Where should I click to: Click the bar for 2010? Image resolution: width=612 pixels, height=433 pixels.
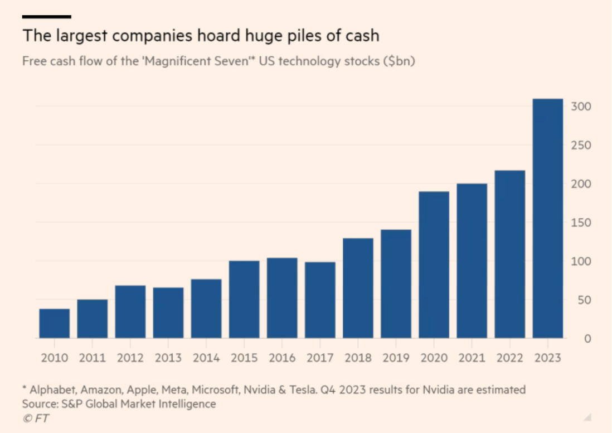(55, 324)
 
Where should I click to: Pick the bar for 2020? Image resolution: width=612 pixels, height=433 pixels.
(434, 265)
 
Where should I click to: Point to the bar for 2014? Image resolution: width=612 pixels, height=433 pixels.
(206, 309)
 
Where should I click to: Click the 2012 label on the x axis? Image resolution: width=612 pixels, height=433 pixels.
(130, 358)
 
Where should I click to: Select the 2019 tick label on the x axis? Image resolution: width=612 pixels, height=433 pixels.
(396, 358)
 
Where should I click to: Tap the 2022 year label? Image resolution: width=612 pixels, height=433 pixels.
(509, 358)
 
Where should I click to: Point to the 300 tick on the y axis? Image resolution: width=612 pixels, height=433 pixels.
(581, 107)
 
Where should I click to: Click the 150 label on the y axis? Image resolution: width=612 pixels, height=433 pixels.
(581, 223)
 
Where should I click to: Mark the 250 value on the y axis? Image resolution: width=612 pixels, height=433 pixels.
(581, 146)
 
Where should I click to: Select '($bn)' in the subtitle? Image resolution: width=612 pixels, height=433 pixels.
(397, 61)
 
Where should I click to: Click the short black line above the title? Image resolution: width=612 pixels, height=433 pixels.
(47, 17)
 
